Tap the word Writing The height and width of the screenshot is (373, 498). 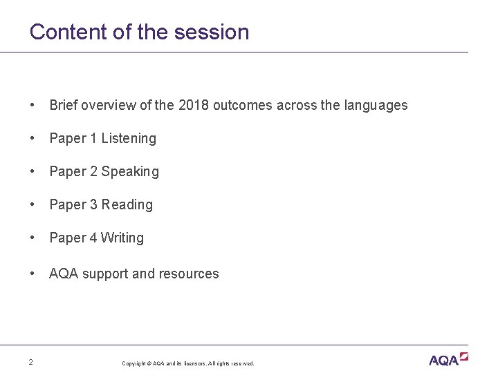click(x=122, y=238)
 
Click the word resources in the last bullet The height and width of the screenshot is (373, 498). click(x=189, y=274)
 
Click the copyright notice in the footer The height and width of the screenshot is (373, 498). click(x=188, y=363)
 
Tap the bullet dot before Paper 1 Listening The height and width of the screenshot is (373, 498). click(x=33, y=138)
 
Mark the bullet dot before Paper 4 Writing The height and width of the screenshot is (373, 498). click(x=33, y=238)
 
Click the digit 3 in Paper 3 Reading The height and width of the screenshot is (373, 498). click(x=93, y=204)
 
